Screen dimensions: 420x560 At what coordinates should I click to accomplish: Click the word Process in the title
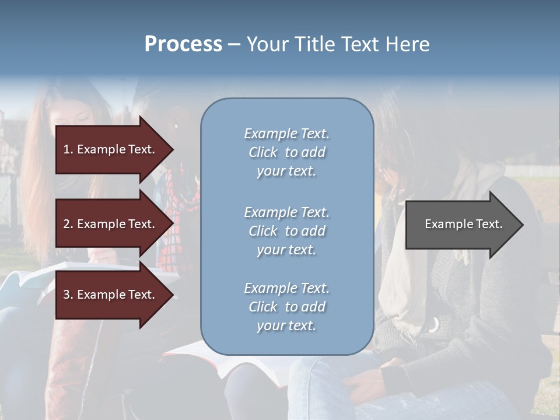[183, 44]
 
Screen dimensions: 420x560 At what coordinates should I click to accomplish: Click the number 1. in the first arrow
[68, 149]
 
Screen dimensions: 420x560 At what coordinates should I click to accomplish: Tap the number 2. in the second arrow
[68, 224]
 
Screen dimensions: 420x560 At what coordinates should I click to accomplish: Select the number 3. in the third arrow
[68, 295]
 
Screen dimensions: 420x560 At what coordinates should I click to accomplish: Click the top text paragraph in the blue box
[286, 152]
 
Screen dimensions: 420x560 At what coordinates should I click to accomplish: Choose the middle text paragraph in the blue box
[286, 231]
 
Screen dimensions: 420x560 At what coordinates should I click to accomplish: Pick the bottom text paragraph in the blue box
[286, 307]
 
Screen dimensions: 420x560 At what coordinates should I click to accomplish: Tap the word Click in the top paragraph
[262, 152]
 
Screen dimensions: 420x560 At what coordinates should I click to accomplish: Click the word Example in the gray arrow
[446, 224]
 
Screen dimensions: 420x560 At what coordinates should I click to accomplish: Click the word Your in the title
[268, 44]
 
